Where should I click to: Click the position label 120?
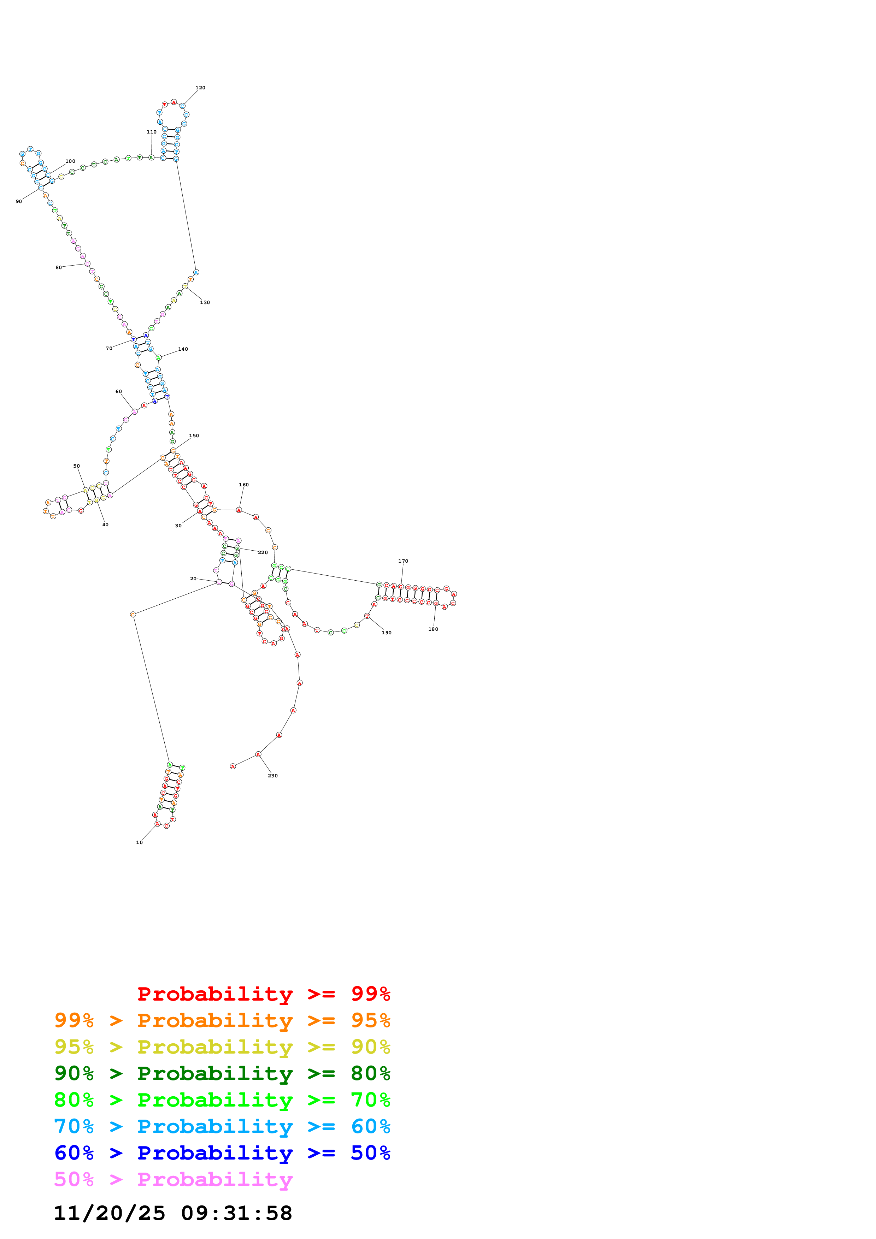click(x=200, y=88)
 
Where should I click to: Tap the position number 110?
click(x=152, y=132)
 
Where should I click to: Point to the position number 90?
click(x=19, y=202)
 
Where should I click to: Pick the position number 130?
click(x=205, y=303)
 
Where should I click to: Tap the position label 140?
click(x=183, y=349)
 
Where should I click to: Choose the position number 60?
click(x=119, y=392)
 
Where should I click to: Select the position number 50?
click(x=77, y=466)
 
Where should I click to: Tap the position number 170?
click(x=403, y=561)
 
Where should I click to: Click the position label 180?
click(x=434, y=629)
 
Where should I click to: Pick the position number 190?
click(x=387, y=633)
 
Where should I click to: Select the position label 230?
click(x=272, y=776)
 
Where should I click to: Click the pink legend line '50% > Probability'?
click(x=173, y=1180)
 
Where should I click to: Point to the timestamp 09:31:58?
click(x=236, y=1214)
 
